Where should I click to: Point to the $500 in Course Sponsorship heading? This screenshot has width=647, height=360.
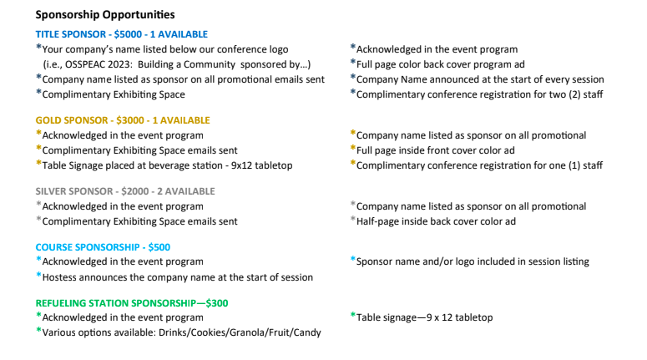coord(159,247)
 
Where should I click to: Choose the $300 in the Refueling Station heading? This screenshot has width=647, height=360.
coord(216,303)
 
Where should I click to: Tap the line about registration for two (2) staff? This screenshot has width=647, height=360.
coord(479,94)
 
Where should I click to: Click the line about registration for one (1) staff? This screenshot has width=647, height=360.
coord(479,165)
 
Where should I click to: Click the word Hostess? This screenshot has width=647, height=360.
coord(62,277)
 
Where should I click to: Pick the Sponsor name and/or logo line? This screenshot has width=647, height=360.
coord(473,261)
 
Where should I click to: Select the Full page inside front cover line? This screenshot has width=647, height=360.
coord(435,150)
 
